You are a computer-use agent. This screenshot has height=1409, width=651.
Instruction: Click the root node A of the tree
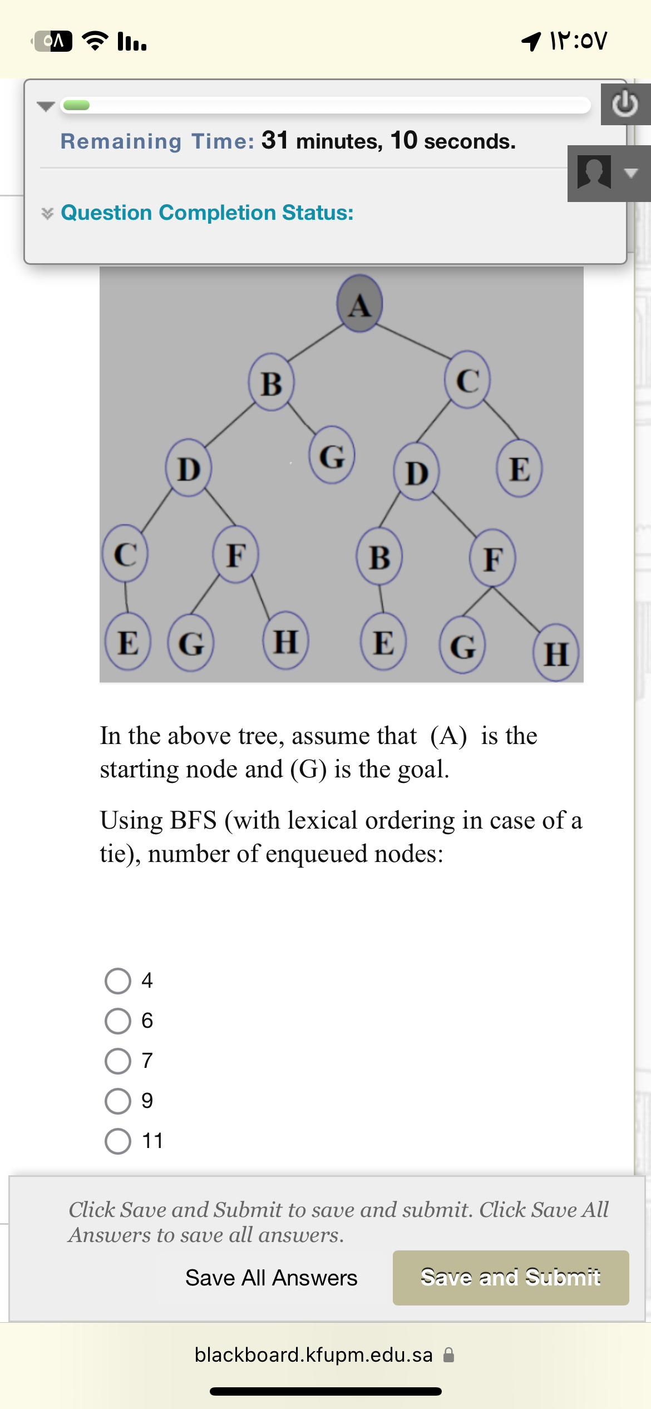click(359, 304)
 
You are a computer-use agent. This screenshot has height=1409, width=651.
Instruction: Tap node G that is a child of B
click(332, 455)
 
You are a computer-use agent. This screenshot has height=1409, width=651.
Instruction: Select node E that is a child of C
click(519, 469)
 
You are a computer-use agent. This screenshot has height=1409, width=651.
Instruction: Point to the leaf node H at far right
click(556, 653)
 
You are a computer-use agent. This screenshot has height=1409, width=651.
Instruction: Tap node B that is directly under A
click(271, 383)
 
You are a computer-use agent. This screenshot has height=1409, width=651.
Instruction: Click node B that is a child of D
click(379, 556)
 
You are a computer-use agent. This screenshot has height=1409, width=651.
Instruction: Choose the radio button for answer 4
click(118, 981)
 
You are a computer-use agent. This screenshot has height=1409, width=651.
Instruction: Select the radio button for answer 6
click(118, 1021)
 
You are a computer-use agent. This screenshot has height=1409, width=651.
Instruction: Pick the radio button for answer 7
click(118, 1061)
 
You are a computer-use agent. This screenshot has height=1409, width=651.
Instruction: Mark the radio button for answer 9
click(118, 1101)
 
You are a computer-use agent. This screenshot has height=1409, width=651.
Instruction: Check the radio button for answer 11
click(118, 1141)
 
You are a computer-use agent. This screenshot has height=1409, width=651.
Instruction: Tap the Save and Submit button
click(511, 1278)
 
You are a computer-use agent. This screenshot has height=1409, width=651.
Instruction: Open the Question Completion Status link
click(207, 213)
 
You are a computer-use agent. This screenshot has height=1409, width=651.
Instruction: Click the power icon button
click(625, 104)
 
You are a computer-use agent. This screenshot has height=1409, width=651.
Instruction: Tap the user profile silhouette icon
click(594, 173)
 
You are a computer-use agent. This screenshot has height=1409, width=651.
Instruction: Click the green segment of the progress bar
click(76, 105)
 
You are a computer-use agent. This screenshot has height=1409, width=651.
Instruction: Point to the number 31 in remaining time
click(275, 140)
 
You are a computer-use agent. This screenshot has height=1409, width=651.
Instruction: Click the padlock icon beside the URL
click(448, 1355)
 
